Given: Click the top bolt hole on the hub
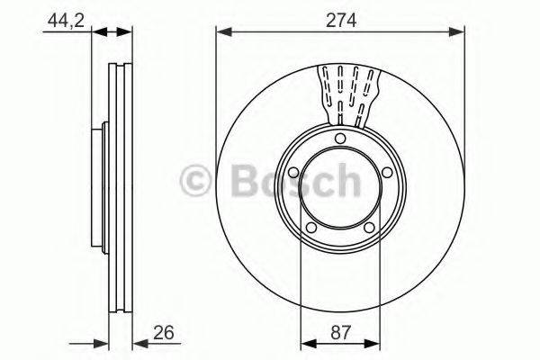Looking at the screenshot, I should point(340,138).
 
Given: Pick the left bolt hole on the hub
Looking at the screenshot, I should point(293,174).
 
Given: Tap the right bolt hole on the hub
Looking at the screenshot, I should point(386,173).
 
